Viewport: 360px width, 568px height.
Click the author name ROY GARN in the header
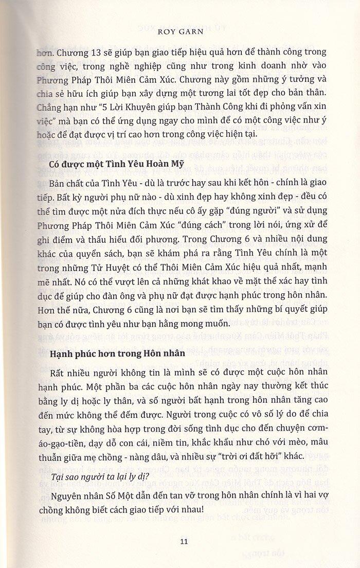click(180, 31)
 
